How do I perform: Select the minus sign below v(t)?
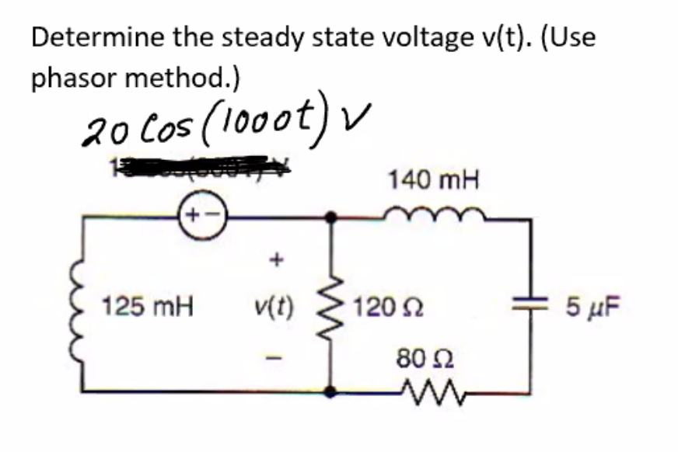click(273, 359)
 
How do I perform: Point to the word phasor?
click(73, 78)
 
